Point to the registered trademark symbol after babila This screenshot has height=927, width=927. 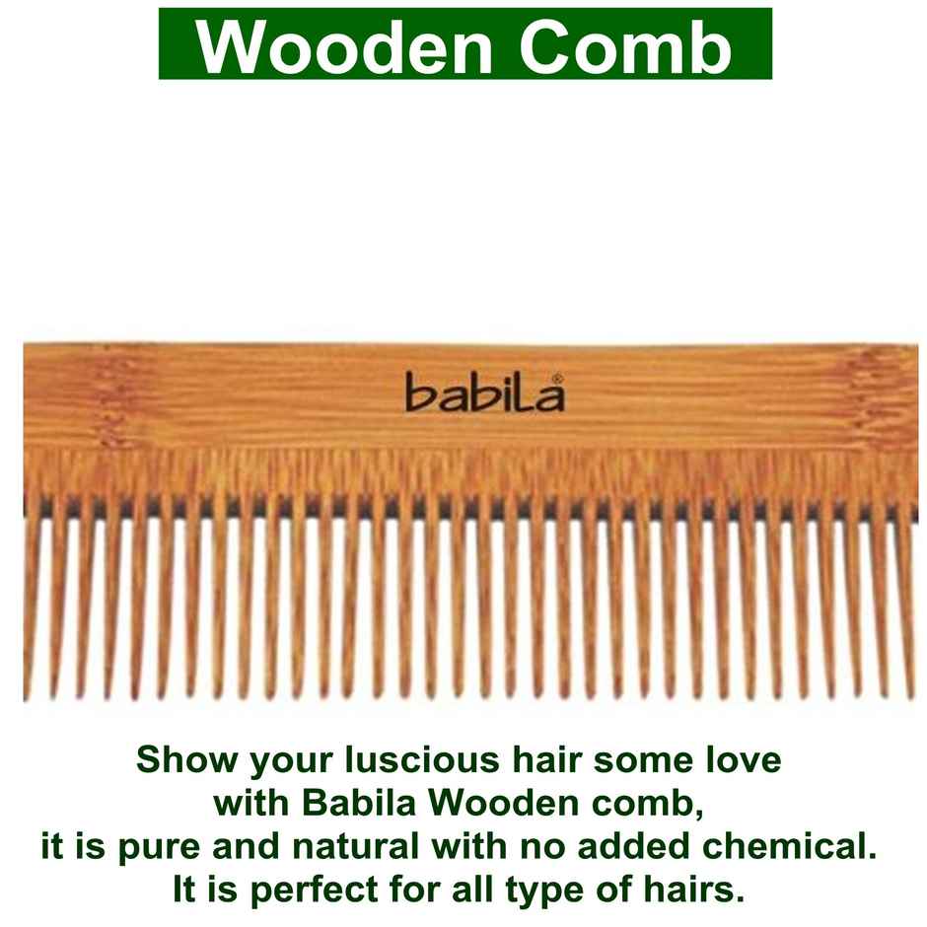pos(557,378)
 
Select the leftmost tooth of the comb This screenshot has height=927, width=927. pos(33,602)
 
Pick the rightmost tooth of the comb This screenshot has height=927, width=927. pos(906,602)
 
